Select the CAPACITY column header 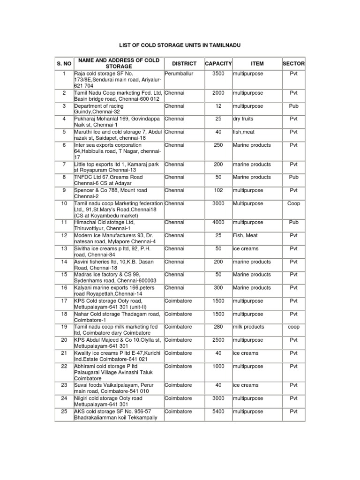(x=218, y=63)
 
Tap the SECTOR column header (x=293, y=63)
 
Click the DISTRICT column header (x=184, y=63)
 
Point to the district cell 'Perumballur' (x=179, y=74)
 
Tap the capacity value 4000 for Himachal (x=218, y=222)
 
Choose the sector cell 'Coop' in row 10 (x=293, y=203)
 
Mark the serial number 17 (x=64, y=300)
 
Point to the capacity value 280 (x=218, y=327)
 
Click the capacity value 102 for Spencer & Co (x=218, y=190)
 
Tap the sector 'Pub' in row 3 (x=293, y=106)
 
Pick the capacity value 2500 (x=218, y=340)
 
